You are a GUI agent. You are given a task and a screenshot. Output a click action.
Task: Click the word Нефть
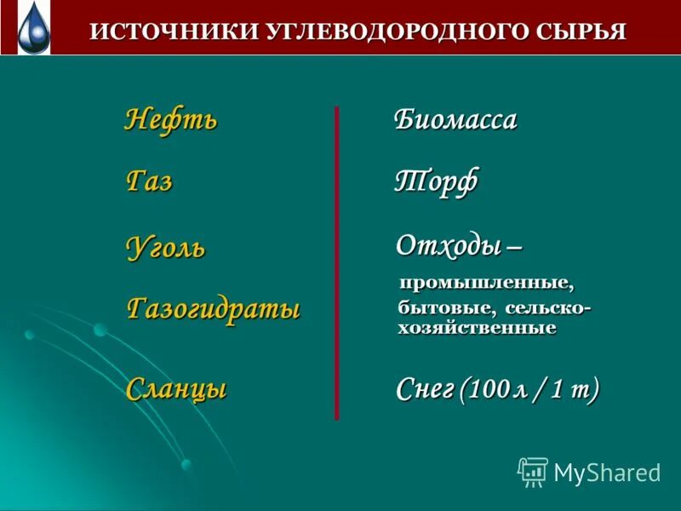(171, 119)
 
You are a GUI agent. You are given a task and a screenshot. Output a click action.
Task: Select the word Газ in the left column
(149, 181)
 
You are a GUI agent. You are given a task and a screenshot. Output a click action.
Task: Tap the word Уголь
(166, 248)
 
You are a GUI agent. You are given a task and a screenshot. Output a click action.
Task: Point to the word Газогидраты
(213, 308)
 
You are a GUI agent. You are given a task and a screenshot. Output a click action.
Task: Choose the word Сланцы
(176, 389)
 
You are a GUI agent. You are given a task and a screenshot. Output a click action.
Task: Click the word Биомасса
(455, 120)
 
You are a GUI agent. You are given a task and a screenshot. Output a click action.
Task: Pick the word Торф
(436, 181)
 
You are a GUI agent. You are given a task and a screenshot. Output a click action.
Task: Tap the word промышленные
(487, 281)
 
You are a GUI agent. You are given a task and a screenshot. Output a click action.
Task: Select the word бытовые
(447, 307)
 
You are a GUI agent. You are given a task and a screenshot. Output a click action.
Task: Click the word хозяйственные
(477, 328)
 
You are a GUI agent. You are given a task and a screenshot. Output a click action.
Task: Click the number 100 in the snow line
(489, 390)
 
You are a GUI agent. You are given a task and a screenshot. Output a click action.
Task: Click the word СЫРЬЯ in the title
(581, 32)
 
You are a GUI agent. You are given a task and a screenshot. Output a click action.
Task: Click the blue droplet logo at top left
(33, 27)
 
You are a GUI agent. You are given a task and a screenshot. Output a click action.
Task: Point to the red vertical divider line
(337, 264)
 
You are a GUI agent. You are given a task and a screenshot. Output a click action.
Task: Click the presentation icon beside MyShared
(533, 472)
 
